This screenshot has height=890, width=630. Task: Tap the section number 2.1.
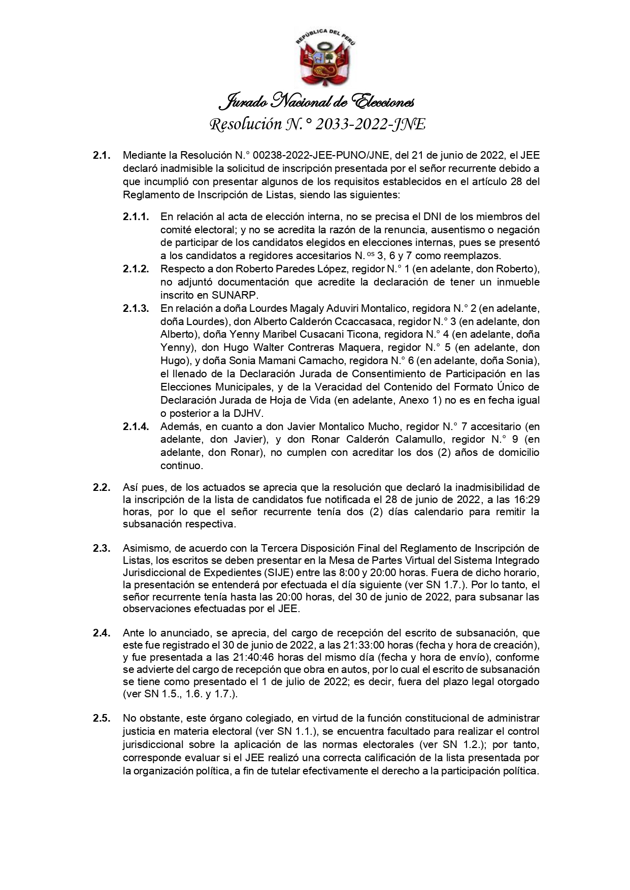coord(101,156)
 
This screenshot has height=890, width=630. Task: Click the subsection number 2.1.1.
coord(136,217)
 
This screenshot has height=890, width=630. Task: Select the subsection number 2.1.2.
coord(136,269)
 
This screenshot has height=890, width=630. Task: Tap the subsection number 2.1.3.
coord(136,308)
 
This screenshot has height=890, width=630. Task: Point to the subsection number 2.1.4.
coord(136,426)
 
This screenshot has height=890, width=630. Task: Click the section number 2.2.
coord(101,487)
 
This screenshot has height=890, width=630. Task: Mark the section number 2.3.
coord(101,548)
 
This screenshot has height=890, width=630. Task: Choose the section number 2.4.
coord(101,633)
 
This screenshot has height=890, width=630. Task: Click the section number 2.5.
coord(101,718)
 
